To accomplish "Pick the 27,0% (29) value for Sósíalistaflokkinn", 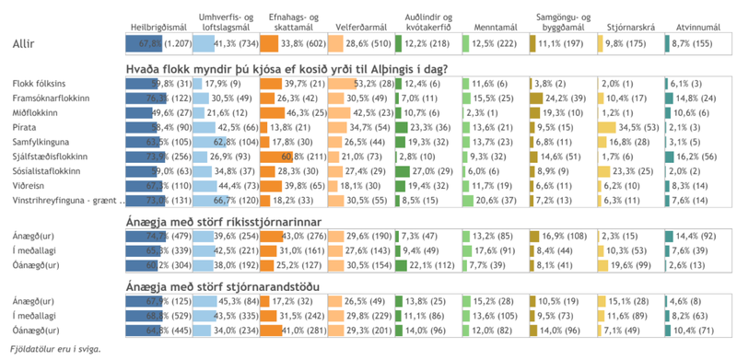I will click(424, 171).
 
